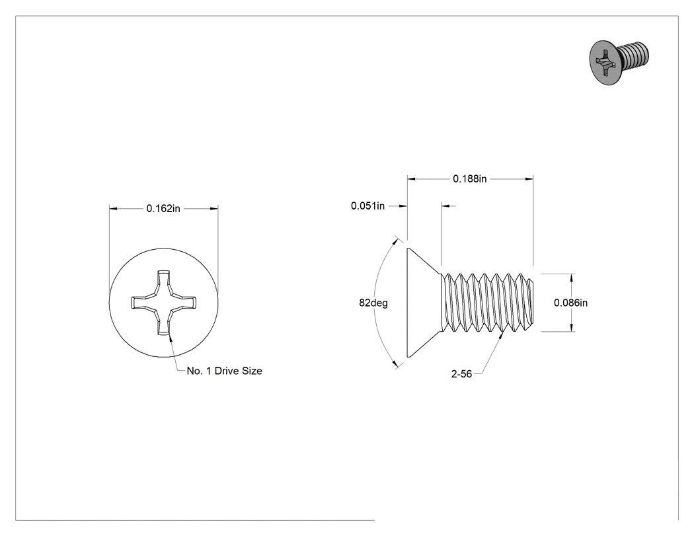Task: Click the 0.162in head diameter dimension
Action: pyautogui.click(x=163, y=208)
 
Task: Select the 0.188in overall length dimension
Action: pyautogui.click(x=469, y=179)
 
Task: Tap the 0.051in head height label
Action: pyautogui.click(x=367, y=206)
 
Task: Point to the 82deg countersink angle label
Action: pyautogui.click(x=373, y=303)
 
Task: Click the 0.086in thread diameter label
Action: pyautogui.click(x=570, y=303)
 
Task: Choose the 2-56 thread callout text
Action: pyautogui.click(x=461, y=374)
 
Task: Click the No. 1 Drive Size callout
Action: pyautogui.click(x=225, y=371)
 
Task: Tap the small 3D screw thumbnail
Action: pyautogui.click(x=620, y=62)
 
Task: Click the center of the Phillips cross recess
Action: pyautogui.click(x=164, y=303)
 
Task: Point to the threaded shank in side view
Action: pyautogui.click(x=488, y=303)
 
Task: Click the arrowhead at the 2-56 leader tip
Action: pyautogui.click(x=502, y=336)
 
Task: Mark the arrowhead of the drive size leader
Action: pyautogui.click(x=170, y=337)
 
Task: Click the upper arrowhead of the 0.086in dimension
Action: pyautogui.click(x=572, y=278)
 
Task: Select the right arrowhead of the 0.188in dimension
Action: pyautogui.click(x=529, y=179)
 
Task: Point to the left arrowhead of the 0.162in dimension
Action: pyautogui.click(x=114, y=208)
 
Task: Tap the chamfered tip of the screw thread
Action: pyautogui.click(x=533, y=303)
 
